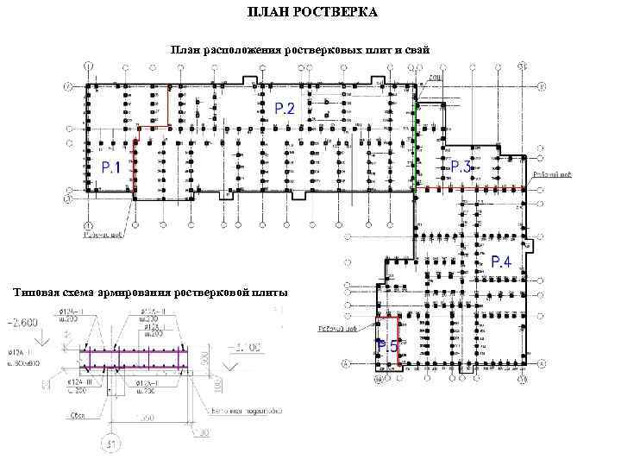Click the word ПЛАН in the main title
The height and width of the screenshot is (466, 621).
266,13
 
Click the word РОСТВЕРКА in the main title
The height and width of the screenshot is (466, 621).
332,13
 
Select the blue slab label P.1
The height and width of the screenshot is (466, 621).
110,167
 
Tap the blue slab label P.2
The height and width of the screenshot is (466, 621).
285,108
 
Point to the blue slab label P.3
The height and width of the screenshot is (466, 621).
461,166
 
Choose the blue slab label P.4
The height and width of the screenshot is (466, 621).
501,261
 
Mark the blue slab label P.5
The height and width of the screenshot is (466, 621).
387,346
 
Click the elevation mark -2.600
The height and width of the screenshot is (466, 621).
27,323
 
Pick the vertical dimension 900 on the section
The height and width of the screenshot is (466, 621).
204,356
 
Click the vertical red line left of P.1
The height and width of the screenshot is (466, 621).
135,168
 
